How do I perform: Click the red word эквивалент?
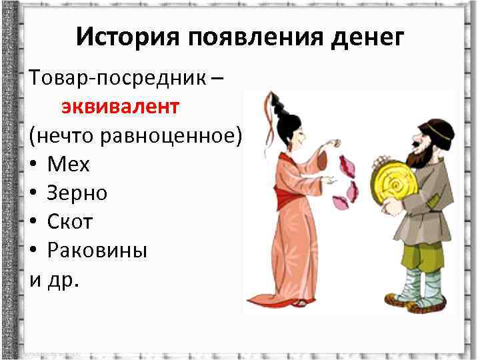pyautogui.click(x=121, y=107)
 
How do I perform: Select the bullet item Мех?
pyautogui.click(x=68, y=164)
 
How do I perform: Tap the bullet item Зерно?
pyautogui.click(x=77, y=193)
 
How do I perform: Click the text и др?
pyautogui.click(x=54, y=279)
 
